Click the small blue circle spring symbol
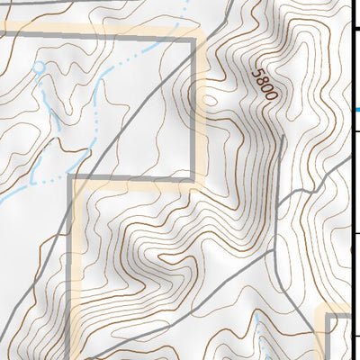point(39,67)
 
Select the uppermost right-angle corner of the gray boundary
point(194,38)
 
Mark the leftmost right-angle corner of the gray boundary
point(71,178)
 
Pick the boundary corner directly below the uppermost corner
point(194,178)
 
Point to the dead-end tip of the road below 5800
point(283,138)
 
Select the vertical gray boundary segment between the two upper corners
point(194,108)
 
